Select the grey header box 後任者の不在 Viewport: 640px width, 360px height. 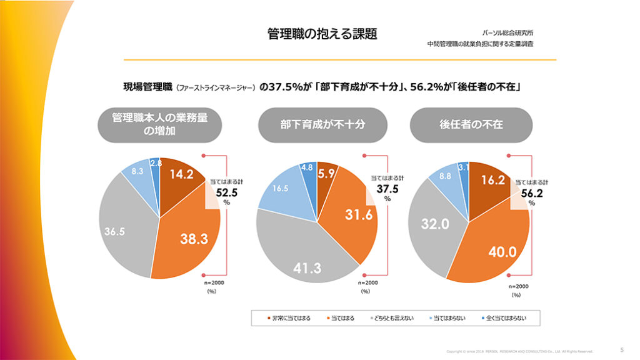pyautogui.click(x=471, y=125)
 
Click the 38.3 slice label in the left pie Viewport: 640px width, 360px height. pyautogui.click(x=194, y=237)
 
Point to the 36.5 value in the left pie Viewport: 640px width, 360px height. pyautogui.click(x=115, y=231)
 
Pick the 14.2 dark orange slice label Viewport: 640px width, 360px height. pyautogui.click(x=182, y=175)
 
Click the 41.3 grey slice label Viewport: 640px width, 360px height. pyautogui.click(x=307, y=268)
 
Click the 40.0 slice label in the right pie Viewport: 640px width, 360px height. pyautogui.click(x=502, y=252)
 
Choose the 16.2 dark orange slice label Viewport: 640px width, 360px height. pyautogui.click(x=494, y=180)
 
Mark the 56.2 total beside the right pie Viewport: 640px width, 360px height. pyautogui.click(x=531, y=193)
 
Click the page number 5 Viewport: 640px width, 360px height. pyautogui.click(x=621, y=349)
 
